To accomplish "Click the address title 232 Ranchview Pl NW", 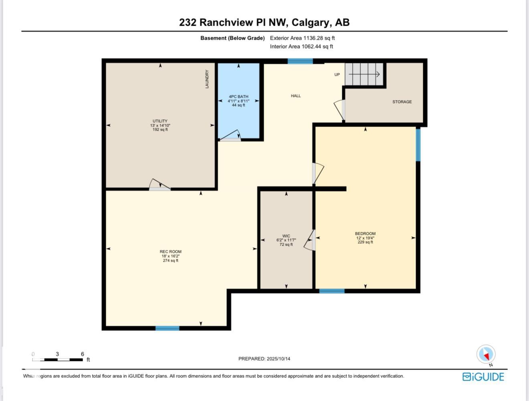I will tap(264, 22).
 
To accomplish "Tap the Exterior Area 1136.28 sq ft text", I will tap(302, 38).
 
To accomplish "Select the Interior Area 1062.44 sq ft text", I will tap(301, 46).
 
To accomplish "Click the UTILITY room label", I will tap(160, 121).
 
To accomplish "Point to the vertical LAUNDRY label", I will tap(207, 79).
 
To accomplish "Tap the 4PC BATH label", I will tap(238, 97).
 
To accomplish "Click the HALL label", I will tap(296, 96).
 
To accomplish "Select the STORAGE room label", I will tap(402, 102).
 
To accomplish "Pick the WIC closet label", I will tap(286, 236).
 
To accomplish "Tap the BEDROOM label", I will tap(365, 234).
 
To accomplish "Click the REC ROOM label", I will tap(170, 252).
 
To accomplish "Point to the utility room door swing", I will tap(160, 185).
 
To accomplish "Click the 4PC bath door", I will tap(230, 136).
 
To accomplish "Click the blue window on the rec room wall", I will tap(167, 328).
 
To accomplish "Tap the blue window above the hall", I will tap(300, 61).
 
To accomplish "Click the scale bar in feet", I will tap(58, 359).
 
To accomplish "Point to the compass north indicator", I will tap(486, 355).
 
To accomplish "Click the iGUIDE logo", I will tap(483, 377).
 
